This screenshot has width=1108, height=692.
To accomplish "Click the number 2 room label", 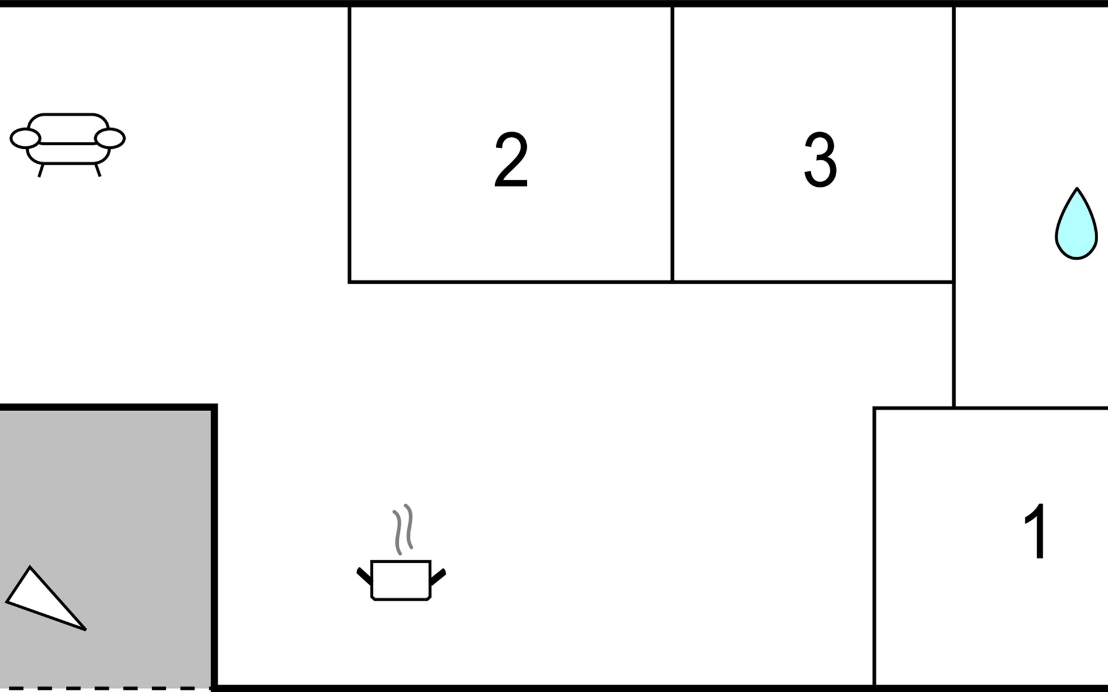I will tap(511, 160).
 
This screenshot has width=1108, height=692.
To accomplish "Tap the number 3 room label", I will tap(820, 160).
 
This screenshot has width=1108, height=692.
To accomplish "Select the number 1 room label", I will tap(1036, 531).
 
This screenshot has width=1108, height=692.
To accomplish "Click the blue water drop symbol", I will tap(1076, 225).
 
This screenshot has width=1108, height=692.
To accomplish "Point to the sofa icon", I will tap(68, 141).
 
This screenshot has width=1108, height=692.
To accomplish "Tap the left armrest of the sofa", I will tap(25, 138).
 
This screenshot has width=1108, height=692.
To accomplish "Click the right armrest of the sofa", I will tap(110, 138).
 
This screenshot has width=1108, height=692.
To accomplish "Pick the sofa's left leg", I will tap(40, 170).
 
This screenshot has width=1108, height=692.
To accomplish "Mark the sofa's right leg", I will tap(98, 170).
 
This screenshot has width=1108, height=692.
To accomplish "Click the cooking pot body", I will tap(401, 580).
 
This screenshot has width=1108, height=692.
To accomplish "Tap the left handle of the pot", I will tap(364, 576).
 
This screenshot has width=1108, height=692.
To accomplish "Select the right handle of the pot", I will tap(439, 576).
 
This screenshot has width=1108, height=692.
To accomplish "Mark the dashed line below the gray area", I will tap(104, 688).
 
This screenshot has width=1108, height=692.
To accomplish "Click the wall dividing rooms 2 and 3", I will tap(673, 144).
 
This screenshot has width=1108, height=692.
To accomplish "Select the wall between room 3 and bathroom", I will tap(953, 144).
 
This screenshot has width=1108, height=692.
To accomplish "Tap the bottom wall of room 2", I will tap(511, 281).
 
